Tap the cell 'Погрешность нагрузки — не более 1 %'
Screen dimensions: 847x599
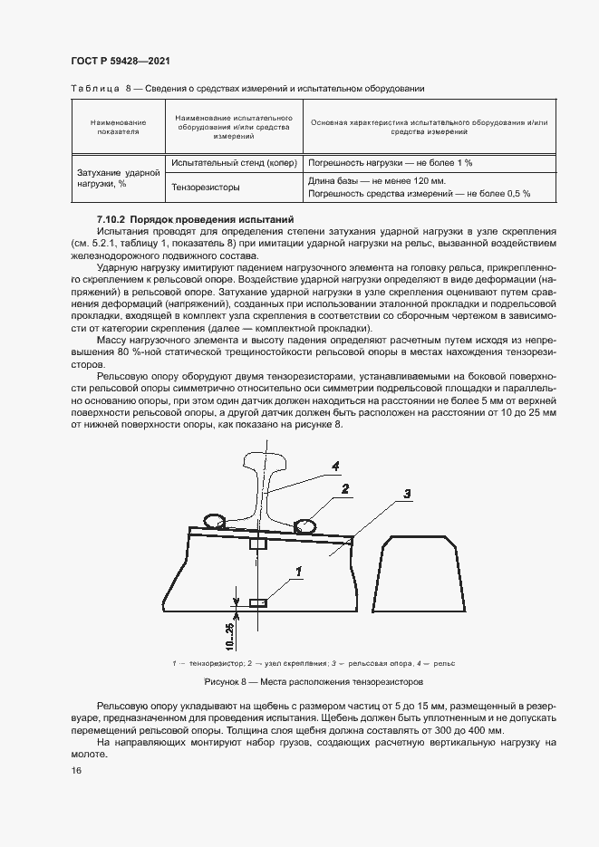tap(391, 163)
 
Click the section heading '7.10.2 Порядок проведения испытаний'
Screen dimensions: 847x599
tap(195, 220)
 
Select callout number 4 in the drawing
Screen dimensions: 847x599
tap(334, 466)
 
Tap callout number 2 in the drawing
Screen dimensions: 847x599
tap(345, 489)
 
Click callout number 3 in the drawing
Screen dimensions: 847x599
tap(407, 494)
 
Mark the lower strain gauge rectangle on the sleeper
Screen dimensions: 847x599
tap(258, 602)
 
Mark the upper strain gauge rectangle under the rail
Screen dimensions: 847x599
tap(258, 544)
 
